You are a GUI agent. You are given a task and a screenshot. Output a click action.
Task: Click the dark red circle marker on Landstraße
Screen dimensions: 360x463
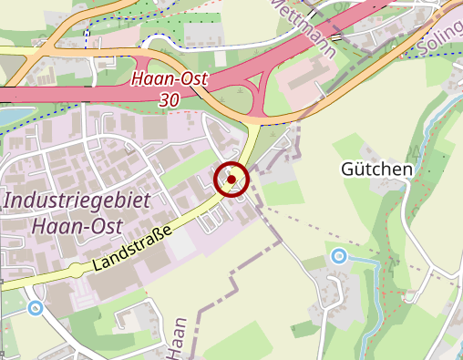(x=231, y=179)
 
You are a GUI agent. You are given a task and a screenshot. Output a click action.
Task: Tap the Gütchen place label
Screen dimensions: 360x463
(x=376, y=170)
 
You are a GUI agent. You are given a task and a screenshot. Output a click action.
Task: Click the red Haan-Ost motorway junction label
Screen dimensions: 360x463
(x=169, y=79)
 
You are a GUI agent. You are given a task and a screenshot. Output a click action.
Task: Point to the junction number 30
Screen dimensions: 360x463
(x=169, y=99)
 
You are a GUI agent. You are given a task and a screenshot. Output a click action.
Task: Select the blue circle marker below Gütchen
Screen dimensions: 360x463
(x=339, y=256)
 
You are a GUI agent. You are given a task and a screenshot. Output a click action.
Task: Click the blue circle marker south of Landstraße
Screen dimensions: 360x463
(x=35, y=308)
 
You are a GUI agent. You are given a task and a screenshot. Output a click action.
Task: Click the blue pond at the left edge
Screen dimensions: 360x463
(x=7, y=117)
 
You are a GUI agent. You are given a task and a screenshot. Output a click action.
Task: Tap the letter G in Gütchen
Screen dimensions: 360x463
(x=347, y=170)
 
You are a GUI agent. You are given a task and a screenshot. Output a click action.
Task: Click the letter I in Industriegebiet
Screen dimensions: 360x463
(x=8, y=200)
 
